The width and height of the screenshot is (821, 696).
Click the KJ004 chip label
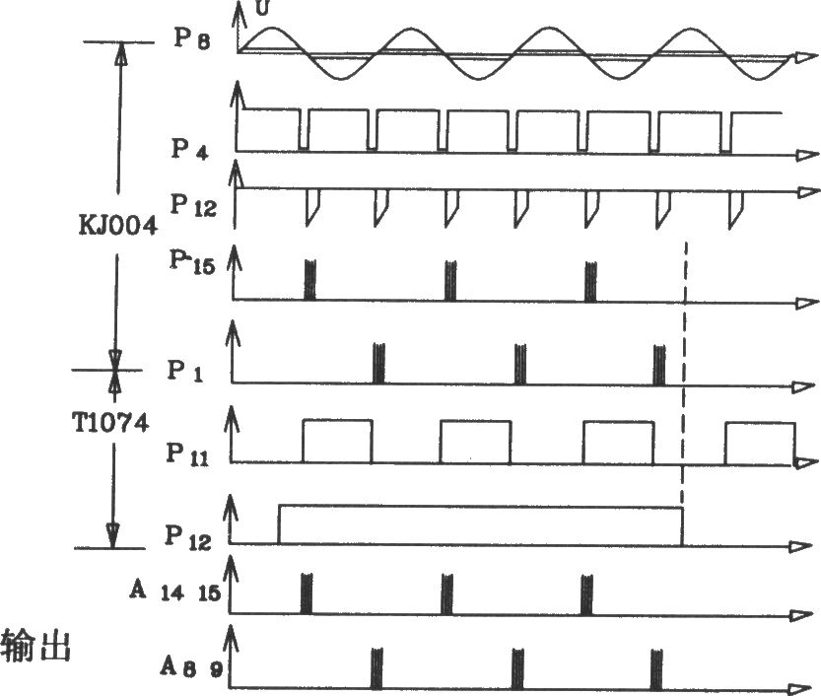(x=118, y=226)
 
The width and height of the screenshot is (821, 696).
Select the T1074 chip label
(x=110, y=423)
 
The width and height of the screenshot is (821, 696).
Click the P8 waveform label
(x=192, y=38)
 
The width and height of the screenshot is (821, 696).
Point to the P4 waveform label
(x=189, y=149)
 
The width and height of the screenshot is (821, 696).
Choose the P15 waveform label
(x=192, y=261)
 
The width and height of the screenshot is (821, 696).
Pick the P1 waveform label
(x=185, y=371)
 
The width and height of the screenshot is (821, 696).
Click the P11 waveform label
(x=187, y=453)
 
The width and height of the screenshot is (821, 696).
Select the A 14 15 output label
(x=174, y=592)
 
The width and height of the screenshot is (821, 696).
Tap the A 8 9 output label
(x=191, y=667)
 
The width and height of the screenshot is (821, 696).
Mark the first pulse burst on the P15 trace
(x=309, y=280)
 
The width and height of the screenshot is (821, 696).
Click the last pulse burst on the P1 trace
(x=659, y=365)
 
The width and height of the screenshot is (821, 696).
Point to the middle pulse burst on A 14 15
(x=446, y=593)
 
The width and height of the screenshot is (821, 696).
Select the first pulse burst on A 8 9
(x=376, y=667)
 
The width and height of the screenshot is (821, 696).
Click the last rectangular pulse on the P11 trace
(x=760, y=444)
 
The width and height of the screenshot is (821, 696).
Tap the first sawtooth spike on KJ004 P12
(x=312, y=207)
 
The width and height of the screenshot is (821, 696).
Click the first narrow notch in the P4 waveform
(x=304, y=130)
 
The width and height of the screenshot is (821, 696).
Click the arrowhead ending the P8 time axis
(x=805, y=57)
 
